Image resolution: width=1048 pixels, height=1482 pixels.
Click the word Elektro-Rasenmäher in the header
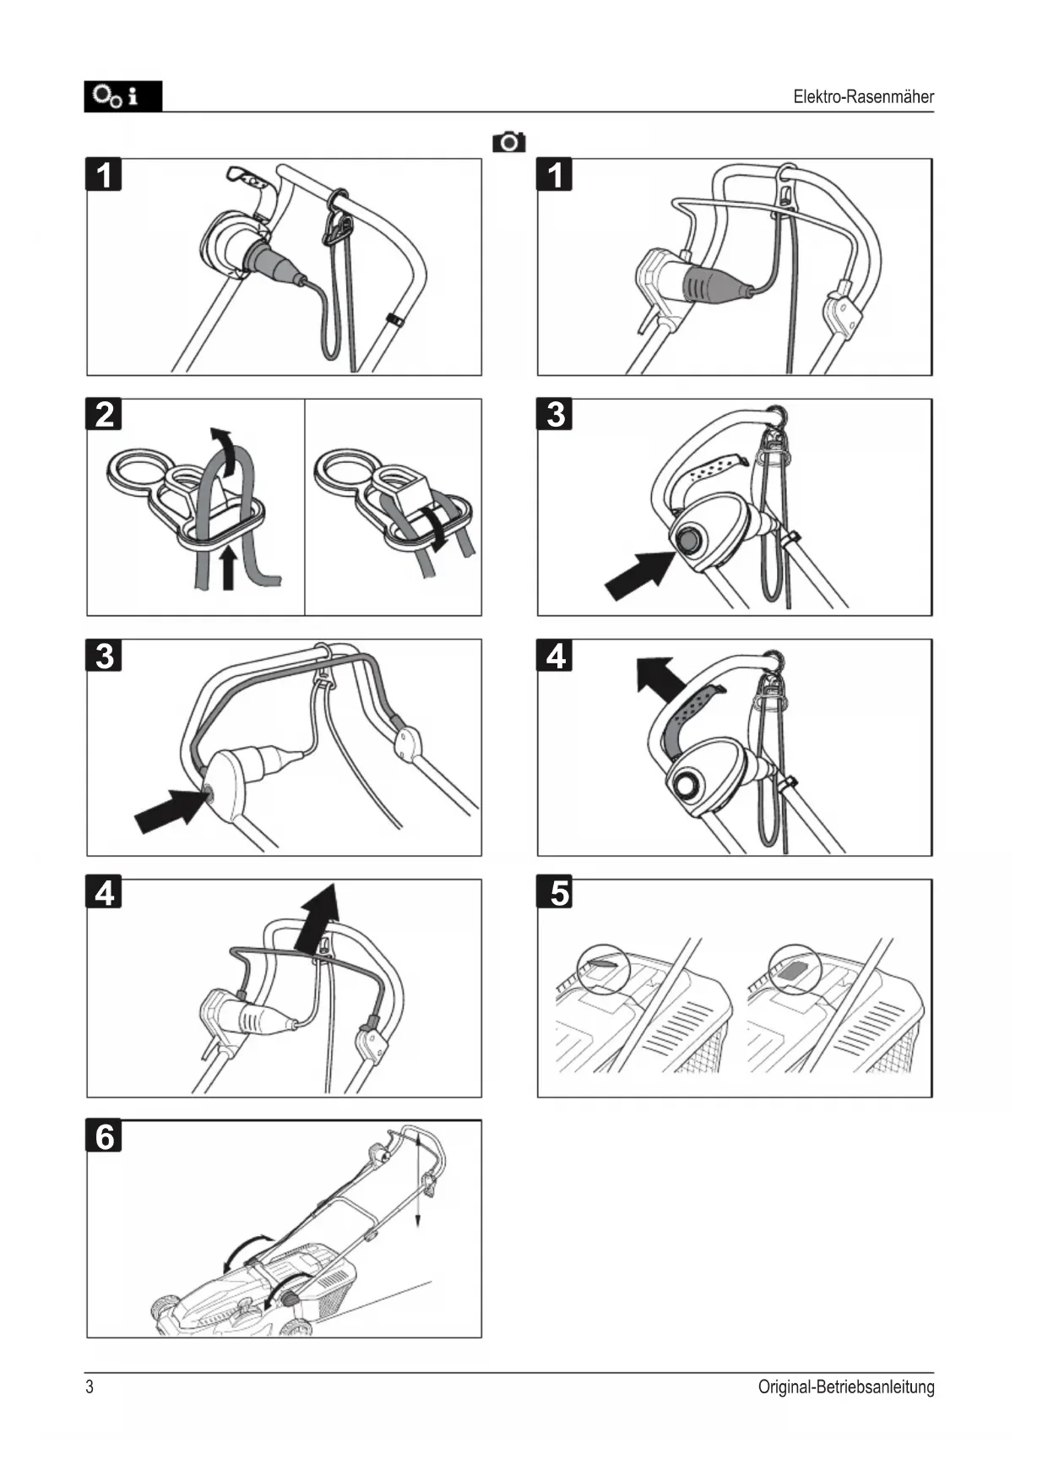point(863,96)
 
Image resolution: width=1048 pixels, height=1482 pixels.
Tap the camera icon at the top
point(508,142)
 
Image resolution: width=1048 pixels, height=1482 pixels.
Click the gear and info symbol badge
point(122,96)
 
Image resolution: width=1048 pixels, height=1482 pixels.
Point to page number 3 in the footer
point(90,1387)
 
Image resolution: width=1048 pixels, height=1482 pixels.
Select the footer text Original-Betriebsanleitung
point(846,1387)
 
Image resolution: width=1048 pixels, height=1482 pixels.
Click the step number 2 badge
point(104,415)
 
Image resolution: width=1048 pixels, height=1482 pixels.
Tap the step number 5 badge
point(555,893)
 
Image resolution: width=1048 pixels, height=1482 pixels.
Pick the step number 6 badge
point(104,1136)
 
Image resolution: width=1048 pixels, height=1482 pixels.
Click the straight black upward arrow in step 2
point(227,569)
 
